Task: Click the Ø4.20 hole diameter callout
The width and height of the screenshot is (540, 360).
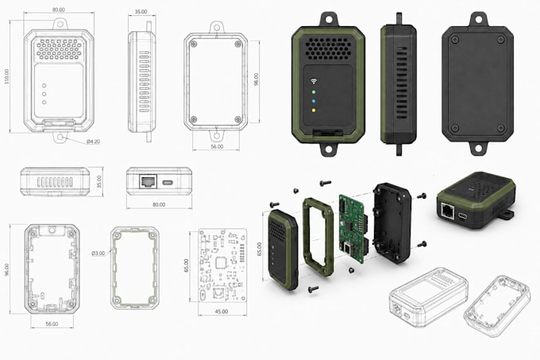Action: [93, 141]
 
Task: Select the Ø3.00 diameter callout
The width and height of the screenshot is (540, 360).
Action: [98, 254]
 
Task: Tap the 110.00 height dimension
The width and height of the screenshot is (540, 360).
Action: [7, 76]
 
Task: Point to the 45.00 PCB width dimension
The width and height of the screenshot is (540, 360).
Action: [222, 312]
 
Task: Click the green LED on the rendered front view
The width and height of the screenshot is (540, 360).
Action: [314, 92]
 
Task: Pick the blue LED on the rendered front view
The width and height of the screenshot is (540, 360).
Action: [314, 101]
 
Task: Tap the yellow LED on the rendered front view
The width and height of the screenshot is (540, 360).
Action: [314, 110]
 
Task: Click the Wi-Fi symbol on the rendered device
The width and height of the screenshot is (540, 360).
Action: [314, 81]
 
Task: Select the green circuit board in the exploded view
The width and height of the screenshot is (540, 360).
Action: [351, 228]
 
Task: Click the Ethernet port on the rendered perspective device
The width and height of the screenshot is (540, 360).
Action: [448, 210]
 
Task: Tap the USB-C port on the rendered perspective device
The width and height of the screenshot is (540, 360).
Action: [462, 217]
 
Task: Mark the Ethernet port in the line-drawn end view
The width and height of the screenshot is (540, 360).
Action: [148, 181]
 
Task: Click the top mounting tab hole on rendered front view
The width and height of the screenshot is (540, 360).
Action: [328, 19]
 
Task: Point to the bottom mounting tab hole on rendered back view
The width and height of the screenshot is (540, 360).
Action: [478, 149]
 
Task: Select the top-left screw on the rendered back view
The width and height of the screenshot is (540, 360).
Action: [454, 40]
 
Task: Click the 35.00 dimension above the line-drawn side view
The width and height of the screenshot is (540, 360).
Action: [141, 12]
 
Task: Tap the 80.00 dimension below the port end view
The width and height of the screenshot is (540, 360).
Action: [159, 204]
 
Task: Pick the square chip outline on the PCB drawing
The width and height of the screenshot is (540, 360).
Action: [221, 263]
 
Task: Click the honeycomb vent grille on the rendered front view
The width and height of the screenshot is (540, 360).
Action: [327, 48]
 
